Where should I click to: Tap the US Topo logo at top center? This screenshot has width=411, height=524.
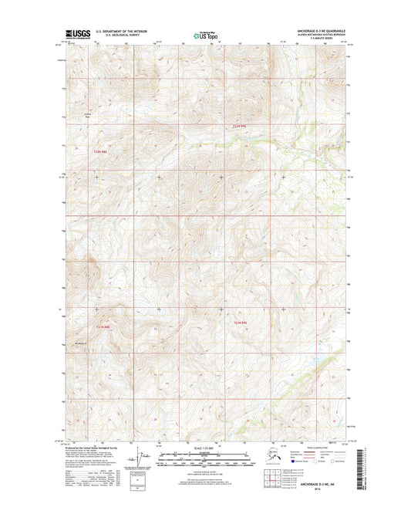click(x=204, y=34)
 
